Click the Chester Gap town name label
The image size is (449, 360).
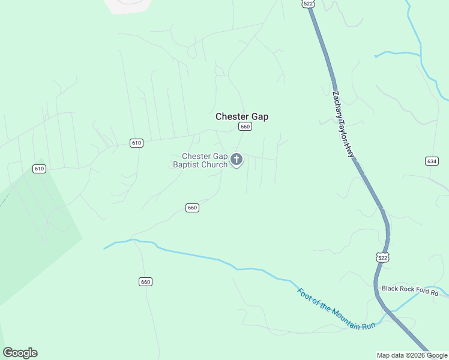[x=242, y=116]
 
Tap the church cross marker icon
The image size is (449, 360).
[x=237, y=160]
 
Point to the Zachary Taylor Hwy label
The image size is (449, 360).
[x=343, y=125]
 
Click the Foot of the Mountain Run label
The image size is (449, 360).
[x=336, y=309]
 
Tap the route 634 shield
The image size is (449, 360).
[x=432, y=161]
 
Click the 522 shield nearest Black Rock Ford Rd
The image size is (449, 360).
[x=383, y=257]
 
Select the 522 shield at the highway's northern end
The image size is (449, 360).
[x=308, y=4]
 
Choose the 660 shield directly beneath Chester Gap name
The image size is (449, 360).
[x=244, y=127]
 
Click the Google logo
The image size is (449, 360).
[x=20, y=353]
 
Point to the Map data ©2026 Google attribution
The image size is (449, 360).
[x=412, y=355]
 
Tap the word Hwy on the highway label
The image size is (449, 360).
[x=349, y=151]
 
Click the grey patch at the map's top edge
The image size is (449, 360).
[x=128, y=5]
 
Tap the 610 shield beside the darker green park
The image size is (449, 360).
[x=40, y=169]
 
